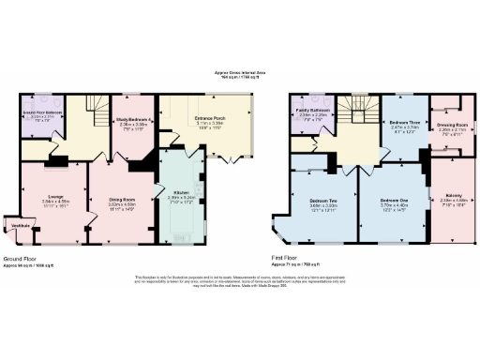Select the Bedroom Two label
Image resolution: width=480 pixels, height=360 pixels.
(x=323, y=202)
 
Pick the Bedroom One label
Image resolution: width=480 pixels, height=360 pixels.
(x=395, y=201)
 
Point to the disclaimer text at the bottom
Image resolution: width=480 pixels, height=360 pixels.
(x=240, y=281)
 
